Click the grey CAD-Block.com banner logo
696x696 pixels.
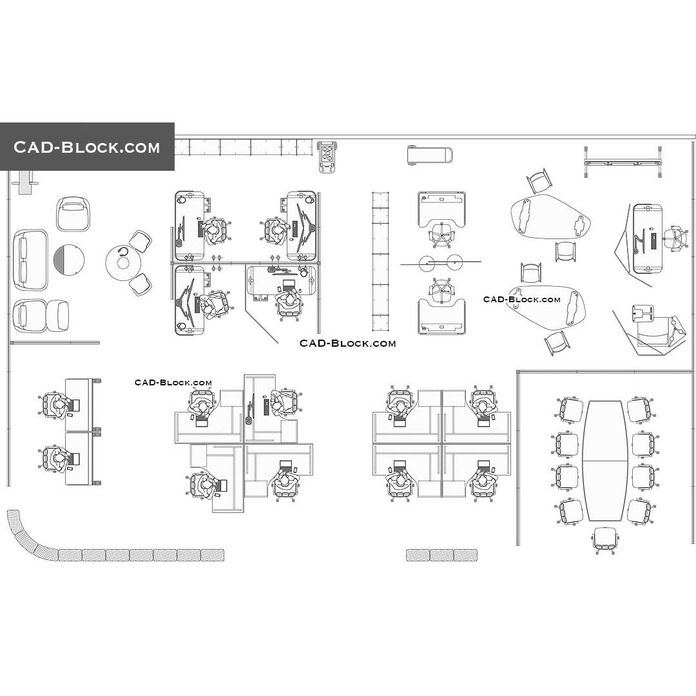[x=87, y=147]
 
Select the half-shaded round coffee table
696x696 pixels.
[x=68, y=259]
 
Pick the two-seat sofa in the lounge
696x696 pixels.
[x=30, y=259]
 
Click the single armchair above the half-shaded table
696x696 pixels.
[x=73, y=213]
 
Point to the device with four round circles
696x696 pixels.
[x=328, y=155]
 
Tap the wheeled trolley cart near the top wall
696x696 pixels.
[x=429, y=155]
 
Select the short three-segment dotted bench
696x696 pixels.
[x=441, y=555]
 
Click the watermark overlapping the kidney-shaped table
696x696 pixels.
[x=522, y=300]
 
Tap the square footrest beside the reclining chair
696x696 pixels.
[x=643, y=312]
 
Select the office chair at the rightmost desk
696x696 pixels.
[x=675, y=238]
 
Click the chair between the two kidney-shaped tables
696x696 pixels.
[x=565, y=251]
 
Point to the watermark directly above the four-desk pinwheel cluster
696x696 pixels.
[x=173, y=383]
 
